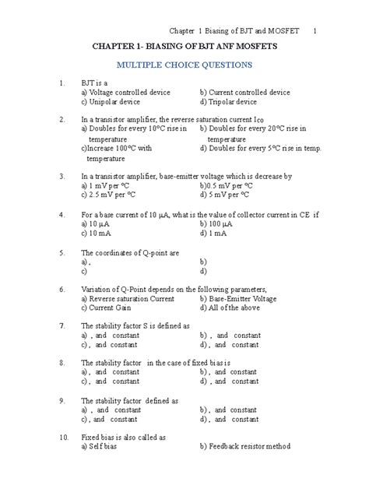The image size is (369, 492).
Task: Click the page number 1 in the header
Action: pos(315,32)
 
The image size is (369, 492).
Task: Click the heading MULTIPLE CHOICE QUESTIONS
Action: pos(183,65)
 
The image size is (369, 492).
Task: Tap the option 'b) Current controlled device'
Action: pos(244,92)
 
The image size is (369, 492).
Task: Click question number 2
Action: pos(61,119)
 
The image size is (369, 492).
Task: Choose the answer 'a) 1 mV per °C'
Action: pos(107,186)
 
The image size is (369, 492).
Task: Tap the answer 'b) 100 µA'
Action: pos(217,223)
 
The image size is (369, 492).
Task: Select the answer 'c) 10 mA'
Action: pos(98,233)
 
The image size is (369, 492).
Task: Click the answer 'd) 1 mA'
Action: pos(214,233)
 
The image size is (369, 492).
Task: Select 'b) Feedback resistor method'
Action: pos(245,447)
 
